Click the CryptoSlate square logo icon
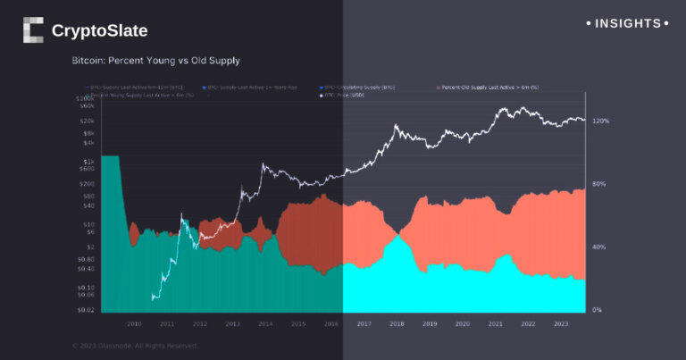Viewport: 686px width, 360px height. tap(33, 30)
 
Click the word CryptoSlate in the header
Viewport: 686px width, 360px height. tap(99, 31)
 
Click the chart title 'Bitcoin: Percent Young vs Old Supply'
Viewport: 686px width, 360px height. tap(155, 61)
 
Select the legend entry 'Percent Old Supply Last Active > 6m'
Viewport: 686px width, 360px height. tap(490, 88)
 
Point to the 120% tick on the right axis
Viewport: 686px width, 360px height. tap(599, 121)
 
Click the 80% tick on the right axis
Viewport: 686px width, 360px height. tap(598, 184)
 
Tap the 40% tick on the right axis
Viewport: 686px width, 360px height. tap(598, 247)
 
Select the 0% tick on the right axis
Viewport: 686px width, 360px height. tap(597, 310)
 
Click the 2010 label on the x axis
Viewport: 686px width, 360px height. tap(134, 323)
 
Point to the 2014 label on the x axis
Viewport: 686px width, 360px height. tap(265, 323)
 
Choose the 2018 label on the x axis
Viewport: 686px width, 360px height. tap(397, 323)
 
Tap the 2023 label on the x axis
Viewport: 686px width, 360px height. tap(561, 323)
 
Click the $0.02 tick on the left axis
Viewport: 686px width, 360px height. tap(87, 309)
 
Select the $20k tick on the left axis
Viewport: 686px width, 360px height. tap(88, 121)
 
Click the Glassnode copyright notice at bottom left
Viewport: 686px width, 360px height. tap(134, 346)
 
